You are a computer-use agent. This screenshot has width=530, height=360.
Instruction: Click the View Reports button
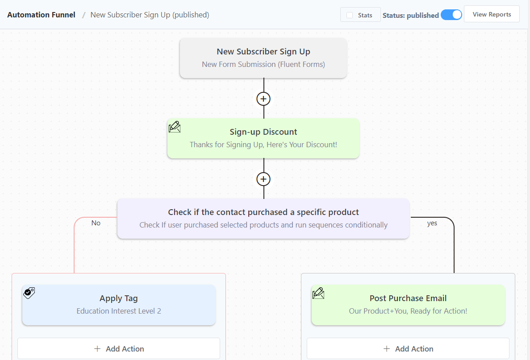492,14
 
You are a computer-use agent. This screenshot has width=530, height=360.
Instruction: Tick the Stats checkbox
350,15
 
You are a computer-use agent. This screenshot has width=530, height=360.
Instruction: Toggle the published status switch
451,15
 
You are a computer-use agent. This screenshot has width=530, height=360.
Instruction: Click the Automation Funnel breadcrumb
42,15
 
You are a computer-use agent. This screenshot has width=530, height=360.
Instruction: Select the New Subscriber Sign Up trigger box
263,58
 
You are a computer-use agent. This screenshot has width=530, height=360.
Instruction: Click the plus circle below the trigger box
263,99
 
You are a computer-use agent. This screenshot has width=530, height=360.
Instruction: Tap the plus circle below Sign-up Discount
263,179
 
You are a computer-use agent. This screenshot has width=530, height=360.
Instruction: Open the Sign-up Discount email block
263,138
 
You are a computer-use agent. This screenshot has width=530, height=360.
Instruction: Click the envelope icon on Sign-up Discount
175,127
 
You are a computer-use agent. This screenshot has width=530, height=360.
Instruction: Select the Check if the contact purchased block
263,219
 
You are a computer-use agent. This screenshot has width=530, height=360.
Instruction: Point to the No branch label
96,223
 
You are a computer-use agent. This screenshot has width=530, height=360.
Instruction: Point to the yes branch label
432,223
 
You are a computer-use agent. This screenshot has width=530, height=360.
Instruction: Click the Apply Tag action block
119,305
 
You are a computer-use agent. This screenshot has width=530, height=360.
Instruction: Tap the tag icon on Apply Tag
29,293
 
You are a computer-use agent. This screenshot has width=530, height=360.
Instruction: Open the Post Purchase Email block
408,305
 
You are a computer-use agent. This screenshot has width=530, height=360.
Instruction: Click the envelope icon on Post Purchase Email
318,293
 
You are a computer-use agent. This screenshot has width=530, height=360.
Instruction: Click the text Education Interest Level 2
119,311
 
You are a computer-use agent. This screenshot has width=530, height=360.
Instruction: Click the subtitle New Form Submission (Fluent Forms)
263,64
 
